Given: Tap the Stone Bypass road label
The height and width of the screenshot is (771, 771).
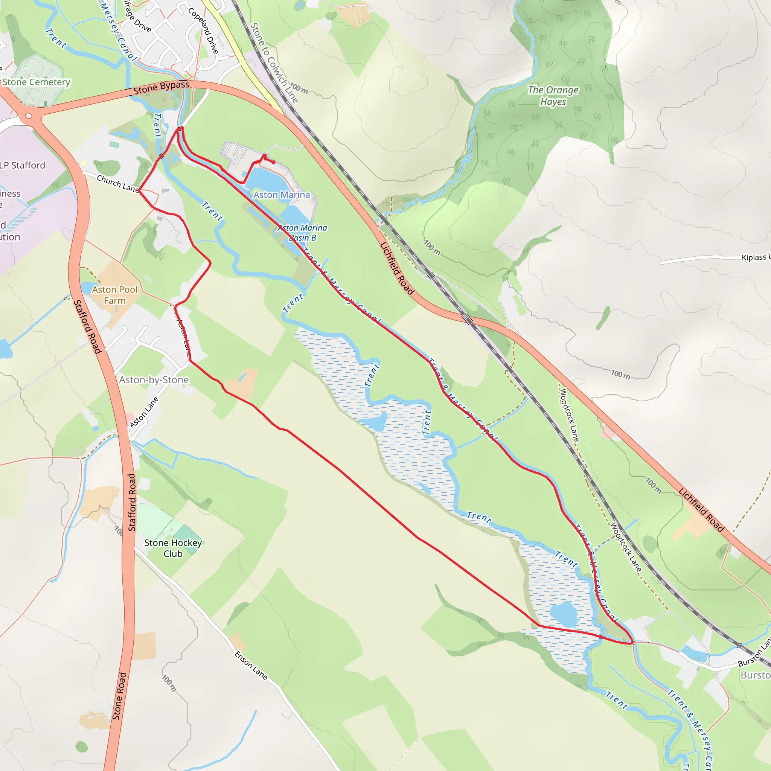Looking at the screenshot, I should pyautogui.click(x=161, y=88).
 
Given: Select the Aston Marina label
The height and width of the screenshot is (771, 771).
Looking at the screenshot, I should pyautogui.click(x=282, y=195).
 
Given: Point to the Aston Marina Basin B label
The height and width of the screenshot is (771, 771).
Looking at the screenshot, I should pyautogui.click(x=303, y=233).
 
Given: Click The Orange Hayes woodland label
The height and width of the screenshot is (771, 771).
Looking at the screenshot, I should pyautogui.click(x=553, y=96).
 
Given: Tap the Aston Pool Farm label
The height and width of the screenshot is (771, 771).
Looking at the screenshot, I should pyautogui.click(x=115, y=295).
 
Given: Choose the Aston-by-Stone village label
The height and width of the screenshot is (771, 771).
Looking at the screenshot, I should pyautogui.click(x=154, y=379).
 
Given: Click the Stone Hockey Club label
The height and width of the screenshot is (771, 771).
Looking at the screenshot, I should pyautogui.click(x=173, y=548).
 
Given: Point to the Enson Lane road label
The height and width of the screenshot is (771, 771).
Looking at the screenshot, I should pyautogui.click(x=251, y=665).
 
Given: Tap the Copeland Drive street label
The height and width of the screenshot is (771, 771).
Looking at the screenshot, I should pyautogui.click(x=204, y=31).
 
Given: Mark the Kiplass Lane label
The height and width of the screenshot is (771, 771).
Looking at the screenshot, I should pyautogui.click(x=754, y=258).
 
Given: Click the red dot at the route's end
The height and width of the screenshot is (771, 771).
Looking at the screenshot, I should pyautogui.click(x=273, y=162).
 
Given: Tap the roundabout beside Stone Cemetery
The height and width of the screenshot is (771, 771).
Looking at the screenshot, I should pyautogui.click(x=28, y=116).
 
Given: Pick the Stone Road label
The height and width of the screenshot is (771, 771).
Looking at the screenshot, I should pyautogui.click(x=119, y=696).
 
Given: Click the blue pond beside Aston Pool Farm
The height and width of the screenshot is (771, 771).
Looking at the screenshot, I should pyautogui.click(x=87, y=288).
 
